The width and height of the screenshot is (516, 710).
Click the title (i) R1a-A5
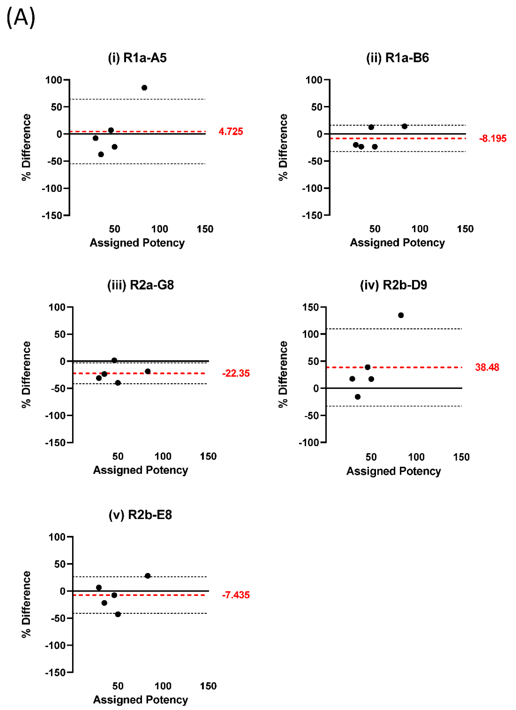coord(137,58)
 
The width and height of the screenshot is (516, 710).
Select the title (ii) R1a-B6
coord(397,58)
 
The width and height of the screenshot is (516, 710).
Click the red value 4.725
coord(231,132)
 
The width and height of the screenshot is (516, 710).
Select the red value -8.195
coord(492,138)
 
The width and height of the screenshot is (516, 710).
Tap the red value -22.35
coord(236,373)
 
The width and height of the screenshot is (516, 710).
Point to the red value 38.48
coord(487,367)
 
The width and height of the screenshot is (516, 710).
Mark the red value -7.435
coord(236,595)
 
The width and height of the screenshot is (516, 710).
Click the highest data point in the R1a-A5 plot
coord(144,88)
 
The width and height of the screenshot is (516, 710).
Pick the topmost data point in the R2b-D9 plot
coord(401,315)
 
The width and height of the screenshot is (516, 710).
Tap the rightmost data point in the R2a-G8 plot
coord(148,371)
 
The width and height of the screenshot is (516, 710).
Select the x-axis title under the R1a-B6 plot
coord(397,243)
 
